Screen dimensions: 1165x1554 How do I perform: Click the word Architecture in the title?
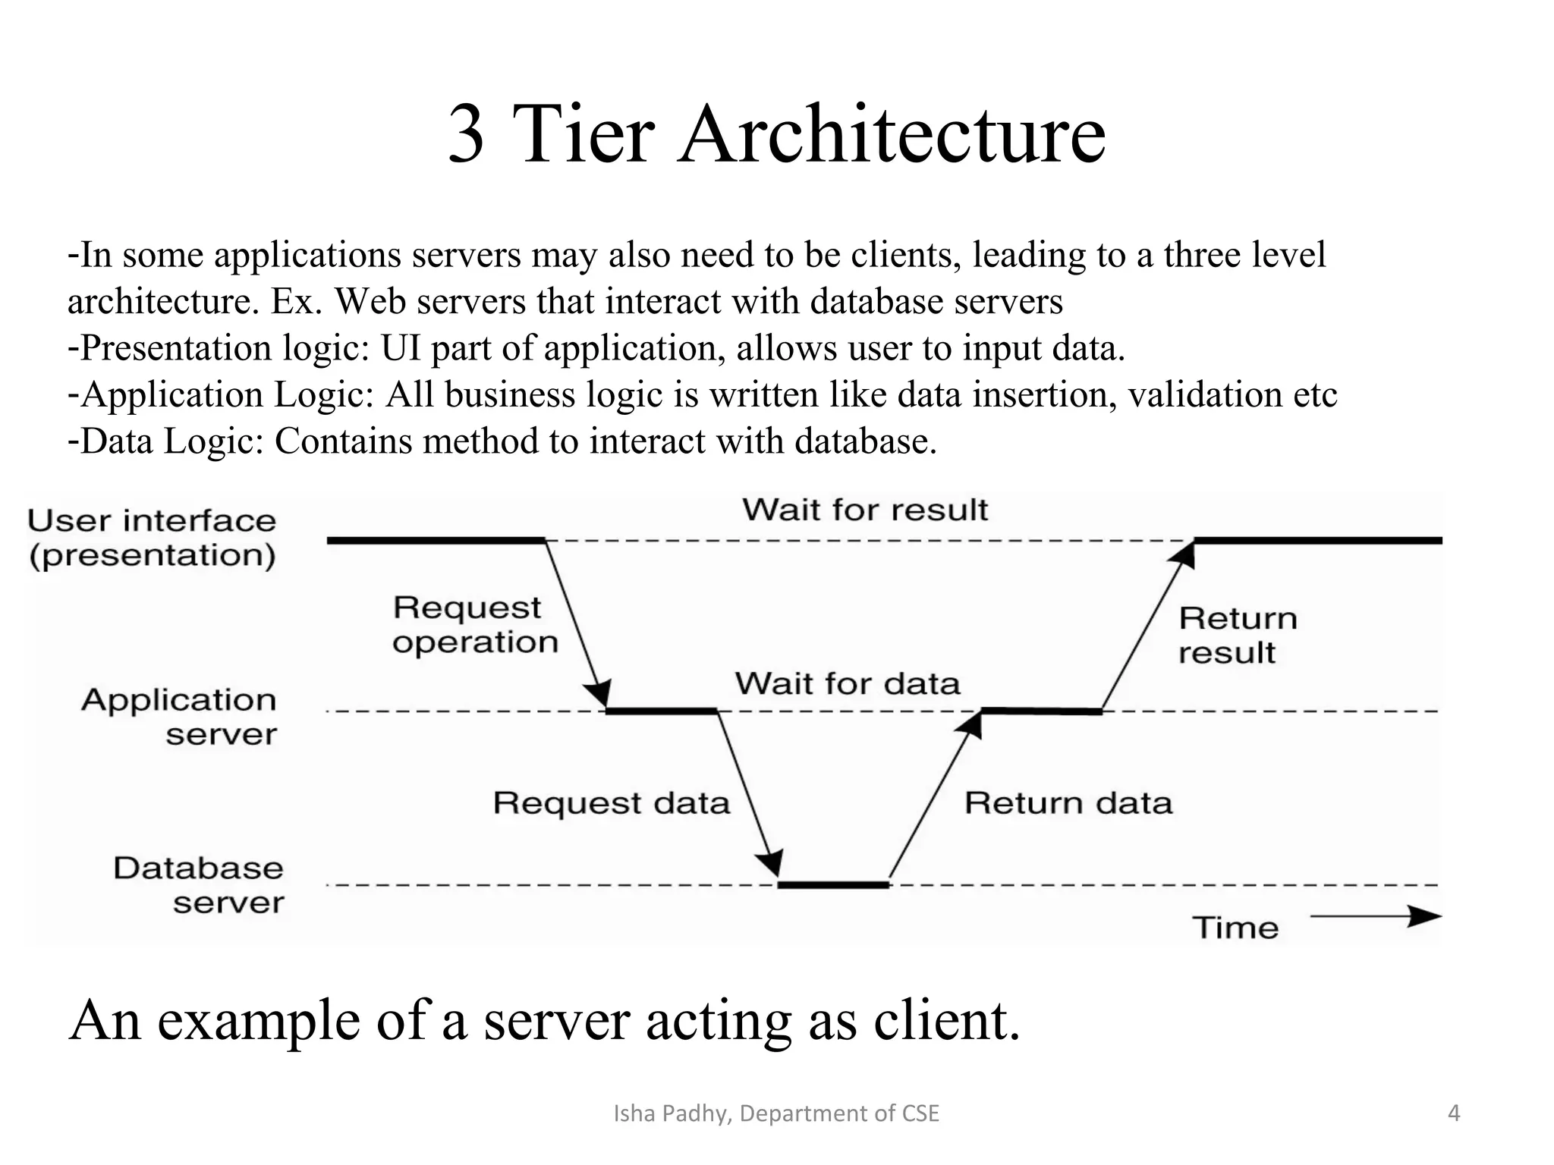pos(892,135)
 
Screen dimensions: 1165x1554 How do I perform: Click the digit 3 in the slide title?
pos(466,135)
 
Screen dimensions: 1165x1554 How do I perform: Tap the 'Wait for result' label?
pos(865,510)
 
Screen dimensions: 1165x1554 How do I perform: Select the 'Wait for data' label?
pos(847,684)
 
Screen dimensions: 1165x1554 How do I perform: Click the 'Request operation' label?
pos(475,625)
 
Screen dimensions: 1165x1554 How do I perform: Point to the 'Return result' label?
pos(1237,636)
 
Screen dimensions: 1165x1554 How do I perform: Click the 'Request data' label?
pos(611,803)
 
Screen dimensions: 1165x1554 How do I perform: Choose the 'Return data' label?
pos(1068,803)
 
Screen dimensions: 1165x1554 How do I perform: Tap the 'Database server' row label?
pos(199,885)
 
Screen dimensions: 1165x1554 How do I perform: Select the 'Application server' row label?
pos(181,717)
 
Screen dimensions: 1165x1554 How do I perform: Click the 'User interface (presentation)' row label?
pos(152,538)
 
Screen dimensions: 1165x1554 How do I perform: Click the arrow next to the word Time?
pos(1375,917)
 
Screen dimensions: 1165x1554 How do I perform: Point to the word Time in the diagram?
pos(1235,928)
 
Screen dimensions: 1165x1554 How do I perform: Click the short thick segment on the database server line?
pos(833,885)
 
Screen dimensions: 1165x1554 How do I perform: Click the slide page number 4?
pos(1454,1113)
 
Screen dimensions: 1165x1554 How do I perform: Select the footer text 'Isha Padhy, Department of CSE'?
pos(775,1113)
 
